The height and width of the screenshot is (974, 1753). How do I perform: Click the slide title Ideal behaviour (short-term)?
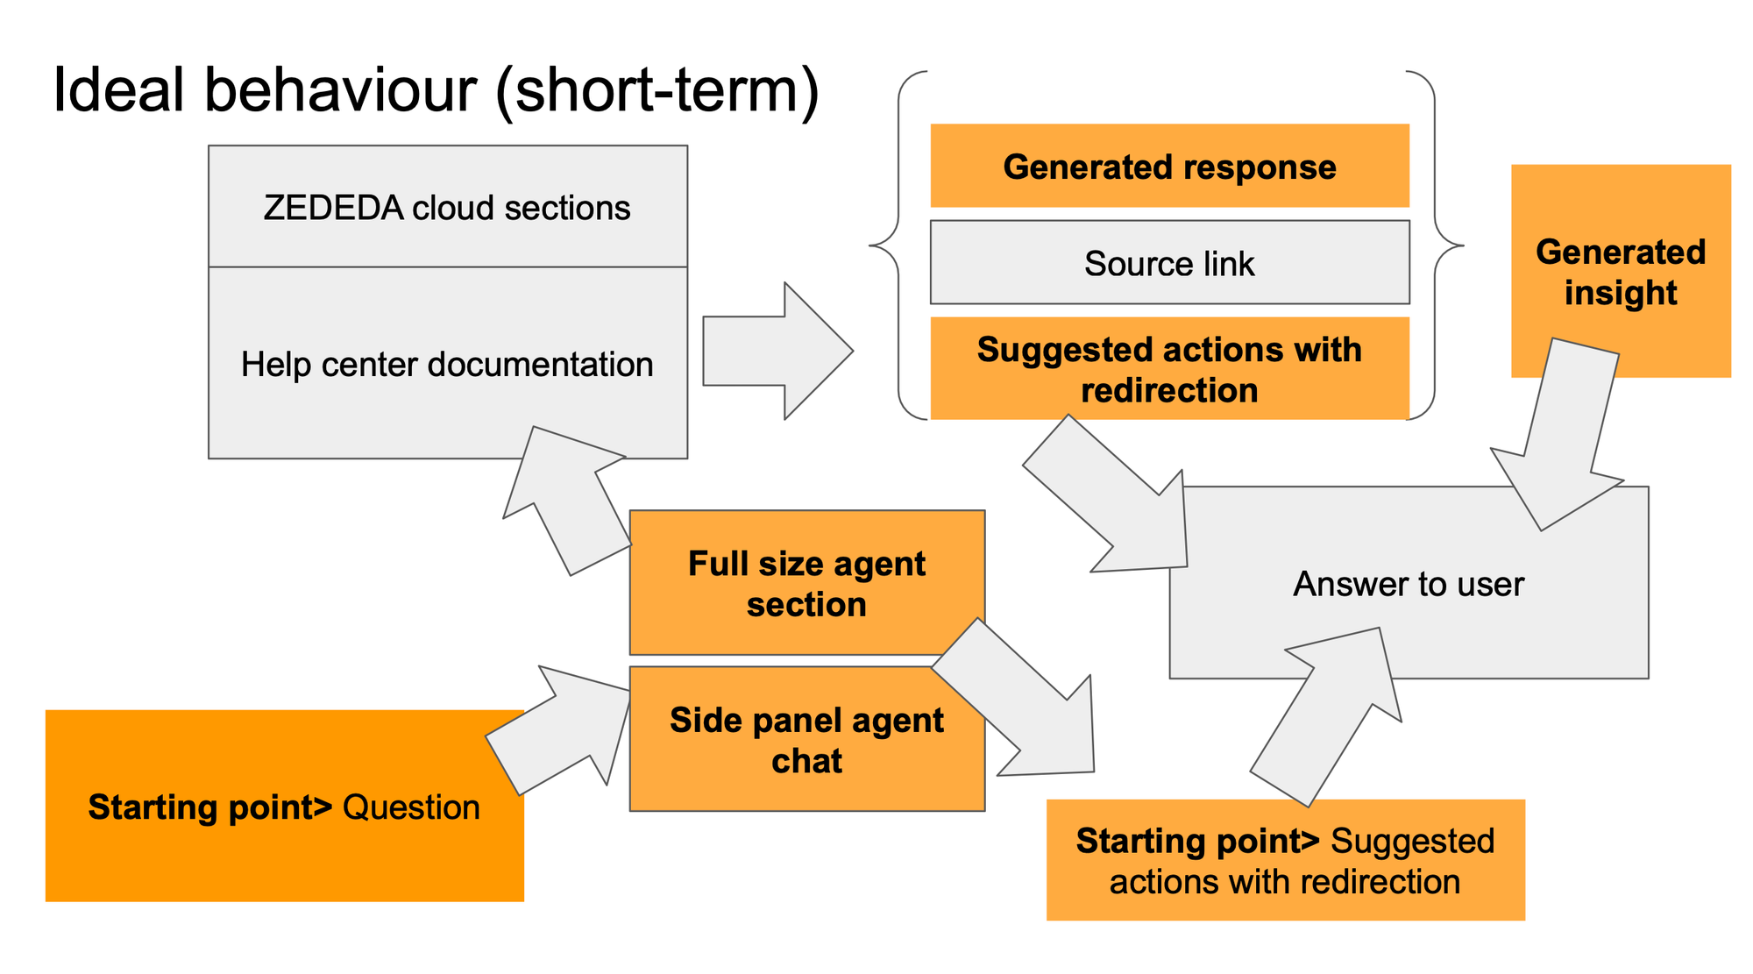coord(436,90)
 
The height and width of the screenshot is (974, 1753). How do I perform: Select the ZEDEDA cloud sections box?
coord(447,207)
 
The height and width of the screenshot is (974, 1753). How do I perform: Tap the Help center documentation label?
coord(447,364)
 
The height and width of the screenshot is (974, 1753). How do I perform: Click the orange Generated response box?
coord(1169,166)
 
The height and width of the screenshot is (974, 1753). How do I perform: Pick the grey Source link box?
coord(1169,263)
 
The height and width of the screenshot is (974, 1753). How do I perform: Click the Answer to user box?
coord(1408,584)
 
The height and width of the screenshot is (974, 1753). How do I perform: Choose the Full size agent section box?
coord(806,582)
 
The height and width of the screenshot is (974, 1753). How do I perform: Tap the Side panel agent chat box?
coord(806,740)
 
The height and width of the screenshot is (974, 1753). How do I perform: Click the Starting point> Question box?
coord(284,807)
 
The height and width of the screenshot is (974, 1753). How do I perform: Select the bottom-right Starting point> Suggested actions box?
coord(1285,860)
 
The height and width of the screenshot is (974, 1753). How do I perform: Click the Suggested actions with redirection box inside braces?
coord(1169,369)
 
